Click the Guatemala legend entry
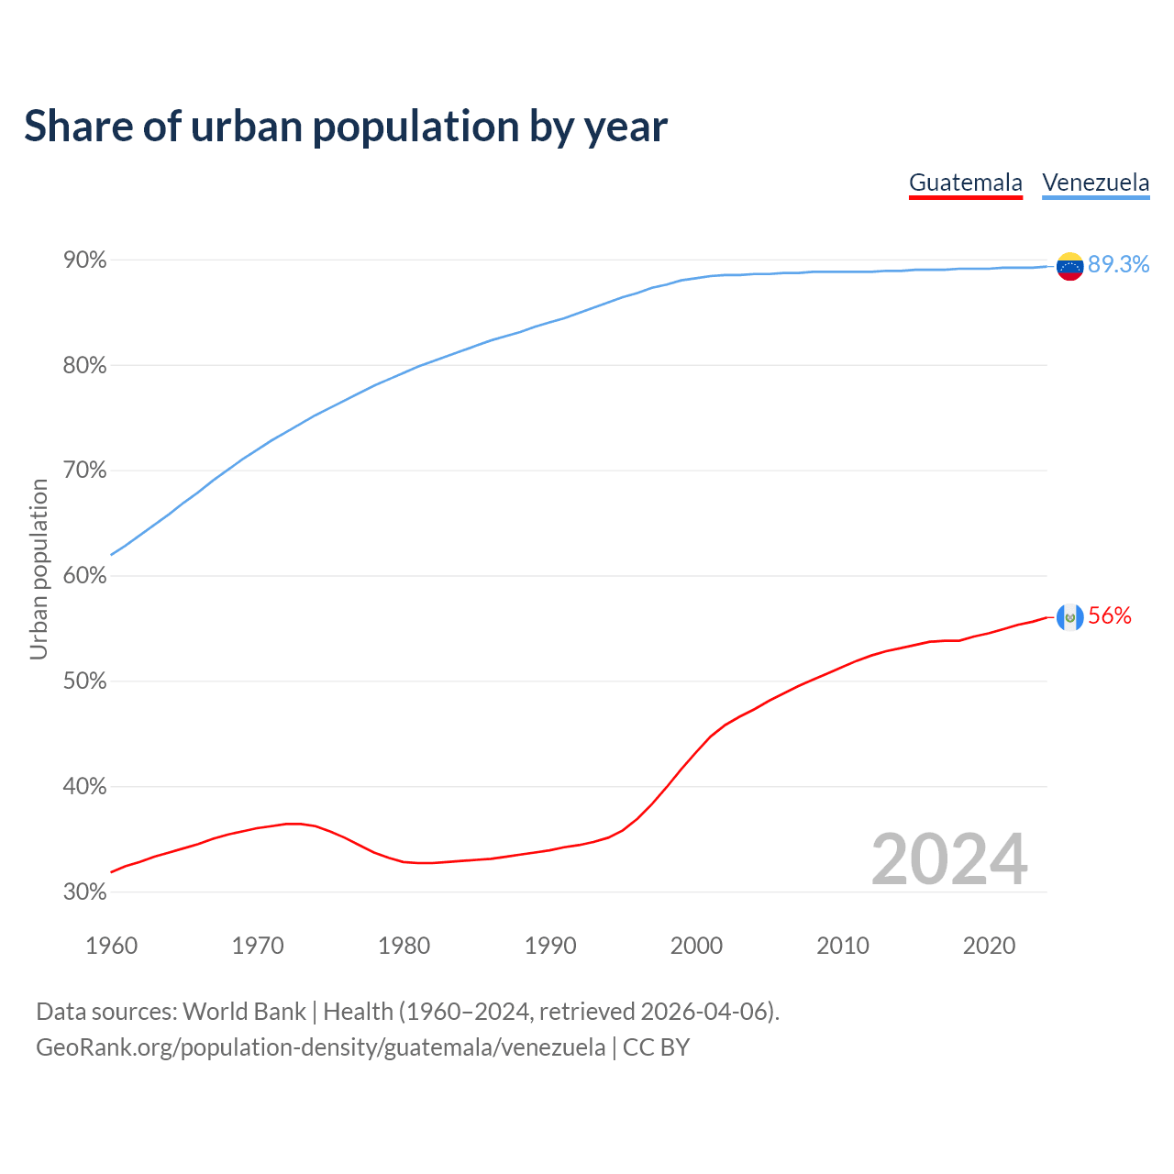point(965,183)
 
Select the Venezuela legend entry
point(1095,183)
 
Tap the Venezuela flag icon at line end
point(1069,266)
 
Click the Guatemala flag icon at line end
point(1069,617)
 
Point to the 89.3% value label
point(1118,264)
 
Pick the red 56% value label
point(1110,616)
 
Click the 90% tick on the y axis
point(85,260)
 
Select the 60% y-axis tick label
point(85,576)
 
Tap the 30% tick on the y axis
point(85,892)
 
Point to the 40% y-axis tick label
point(85,787)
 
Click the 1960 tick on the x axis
point(111,946)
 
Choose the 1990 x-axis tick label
point(550,946)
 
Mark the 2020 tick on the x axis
point(989,946)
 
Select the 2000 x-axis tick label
point(696,946)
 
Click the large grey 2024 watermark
point(948,859)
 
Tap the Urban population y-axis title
point(39,569)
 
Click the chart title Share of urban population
point(346,127)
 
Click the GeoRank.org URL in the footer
point(320,1047)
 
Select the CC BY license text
point(656,1047)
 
